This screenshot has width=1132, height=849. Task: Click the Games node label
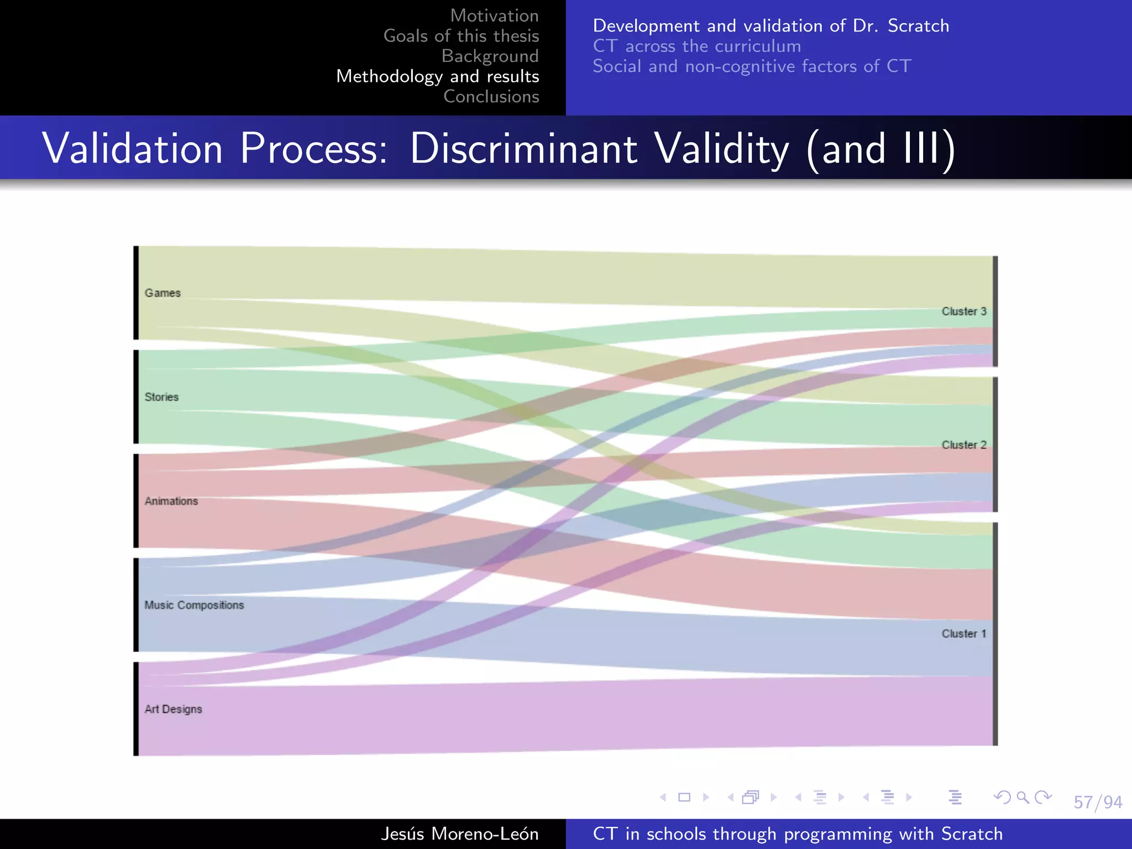point(163,293)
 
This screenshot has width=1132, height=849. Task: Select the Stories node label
point(161,397)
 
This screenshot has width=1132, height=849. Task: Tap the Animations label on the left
point(171,501)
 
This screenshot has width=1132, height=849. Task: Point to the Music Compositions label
point(194,605)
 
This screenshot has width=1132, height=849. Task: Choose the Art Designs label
point(173,709)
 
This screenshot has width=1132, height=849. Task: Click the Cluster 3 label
point(963,311)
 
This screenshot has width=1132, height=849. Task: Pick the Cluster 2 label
point(963,445)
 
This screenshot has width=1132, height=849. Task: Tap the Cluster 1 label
point(963,633)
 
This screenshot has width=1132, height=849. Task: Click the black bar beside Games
point(136,293)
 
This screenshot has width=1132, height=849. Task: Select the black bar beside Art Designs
point(136,709)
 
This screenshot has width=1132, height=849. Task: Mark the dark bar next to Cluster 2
point(995,445)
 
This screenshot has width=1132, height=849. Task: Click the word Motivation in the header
point(494,15)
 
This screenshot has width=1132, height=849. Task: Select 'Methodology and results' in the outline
point(437,76)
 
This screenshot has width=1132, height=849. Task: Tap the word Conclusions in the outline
point(491,97)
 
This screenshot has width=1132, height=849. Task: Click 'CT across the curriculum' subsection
point(696,46)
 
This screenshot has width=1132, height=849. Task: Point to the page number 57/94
point(1097,802)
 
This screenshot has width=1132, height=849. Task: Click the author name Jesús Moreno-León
point(459,834)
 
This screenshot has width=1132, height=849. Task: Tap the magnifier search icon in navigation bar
point(1023,797)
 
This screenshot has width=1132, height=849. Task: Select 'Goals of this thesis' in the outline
point(461,36)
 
